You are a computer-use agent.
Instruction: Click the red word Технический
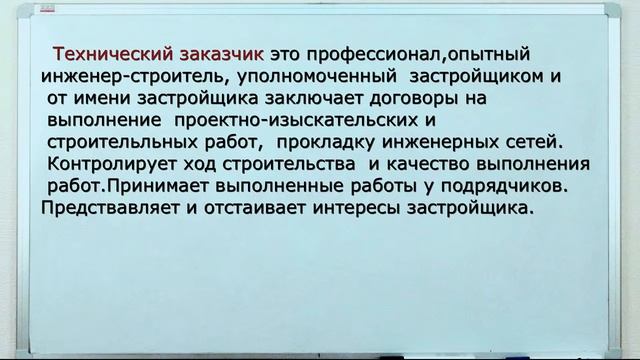click(x=109, y=54)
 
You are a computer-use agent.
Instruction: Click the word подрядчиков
click(x=507, y=186)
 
